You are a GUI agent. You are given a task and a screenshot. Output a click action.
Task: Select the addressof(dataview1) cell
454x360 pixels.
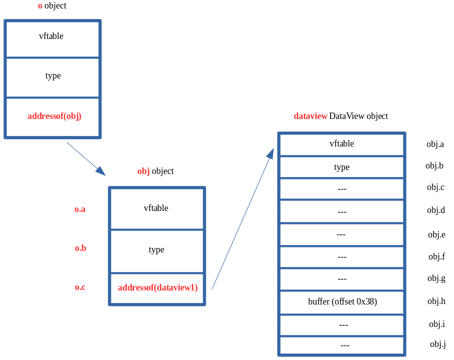point(157,288)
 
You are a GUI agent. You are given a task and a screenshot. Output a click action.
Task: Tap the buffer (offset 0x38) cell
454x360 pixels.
point(342,302)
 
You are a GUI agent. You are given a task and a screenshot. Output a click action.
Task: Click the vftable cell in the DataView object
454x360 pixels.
point(342,144)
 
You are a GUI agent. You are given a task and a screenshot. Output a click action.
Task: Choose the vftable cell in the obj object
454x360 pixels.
point(156,208)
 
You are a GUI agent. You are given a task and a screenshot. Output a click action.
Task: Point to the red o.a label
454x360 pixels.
point(80,209)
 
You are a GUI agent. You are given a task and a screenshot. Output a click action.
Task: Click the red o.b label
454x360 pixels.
point(80,248)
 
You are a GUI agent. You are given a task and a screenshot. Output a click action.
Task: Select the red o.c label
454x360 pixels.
point(80,287)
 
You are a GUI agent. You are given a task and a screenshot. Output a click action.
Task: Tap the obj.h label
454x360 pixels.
point(436,301)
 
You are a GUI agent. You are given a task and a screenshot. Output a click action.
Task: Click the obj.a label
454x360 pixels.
point(435,144)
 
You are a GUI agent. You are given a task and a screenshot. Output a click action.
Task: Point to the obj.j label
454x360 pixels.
point(438,344)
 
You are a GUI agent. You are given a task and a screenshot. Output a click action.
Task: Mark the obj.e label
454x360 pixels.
point(437,235)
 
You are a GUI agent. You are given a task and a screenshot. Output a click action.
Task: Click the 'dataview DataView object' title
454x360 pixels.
point(341,116)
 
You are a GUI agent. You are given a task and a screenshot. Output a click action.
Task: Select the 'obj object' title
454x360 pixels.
point(155,171)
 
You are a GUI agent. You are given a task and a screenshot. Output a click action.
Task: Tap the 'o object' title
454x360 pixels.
point(52,6)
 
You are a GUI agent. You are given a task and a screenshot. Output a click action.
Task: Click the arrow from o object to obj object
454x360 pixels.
point(86,158)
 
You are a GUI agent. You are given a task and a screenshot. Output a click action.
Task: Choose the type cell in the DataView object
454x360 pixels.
point(342,167)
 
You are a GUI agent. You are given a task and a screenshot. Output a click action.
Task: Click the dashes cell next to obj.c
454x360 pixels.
point(342,189)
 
